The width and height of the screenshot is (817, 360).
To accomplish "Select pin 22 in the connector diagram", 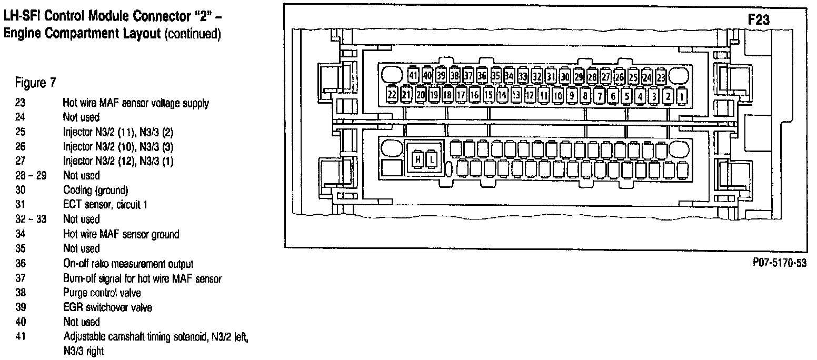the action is pos(392,95).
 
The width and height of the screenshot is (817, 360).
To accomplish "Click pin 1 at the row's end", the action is pos(681,96).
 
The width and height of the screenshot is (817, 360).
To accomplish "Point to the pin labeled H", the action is pos(417,158).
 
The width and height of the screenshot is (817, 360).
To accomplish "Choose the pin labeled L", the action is pos(432,158).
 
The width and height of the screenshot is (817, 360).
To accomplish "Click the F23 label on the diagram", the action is pos(759,20).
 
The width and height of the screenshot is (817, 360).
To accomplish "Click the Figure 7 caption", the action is pos(36,83).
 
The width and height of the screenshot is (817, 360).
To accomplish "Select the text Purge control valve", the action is pos(102,293).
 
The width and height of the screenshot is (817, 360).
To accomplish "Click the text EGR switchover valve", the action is pos(107,307).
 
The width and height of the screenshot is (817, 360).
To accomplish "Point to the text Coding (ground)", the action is pos(95,190).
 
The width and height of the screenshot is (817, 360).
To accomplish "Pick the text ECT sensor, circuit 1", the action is pos(105,205).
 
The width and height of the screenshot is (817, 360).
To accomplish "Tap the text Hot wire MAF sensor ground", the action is pos(121,234).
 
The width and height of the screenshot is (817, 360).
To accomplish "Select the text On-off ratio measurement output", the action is pos(128,264).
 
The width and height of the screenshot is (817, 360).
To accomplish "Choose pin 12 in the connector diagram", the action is pos(530,95).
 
